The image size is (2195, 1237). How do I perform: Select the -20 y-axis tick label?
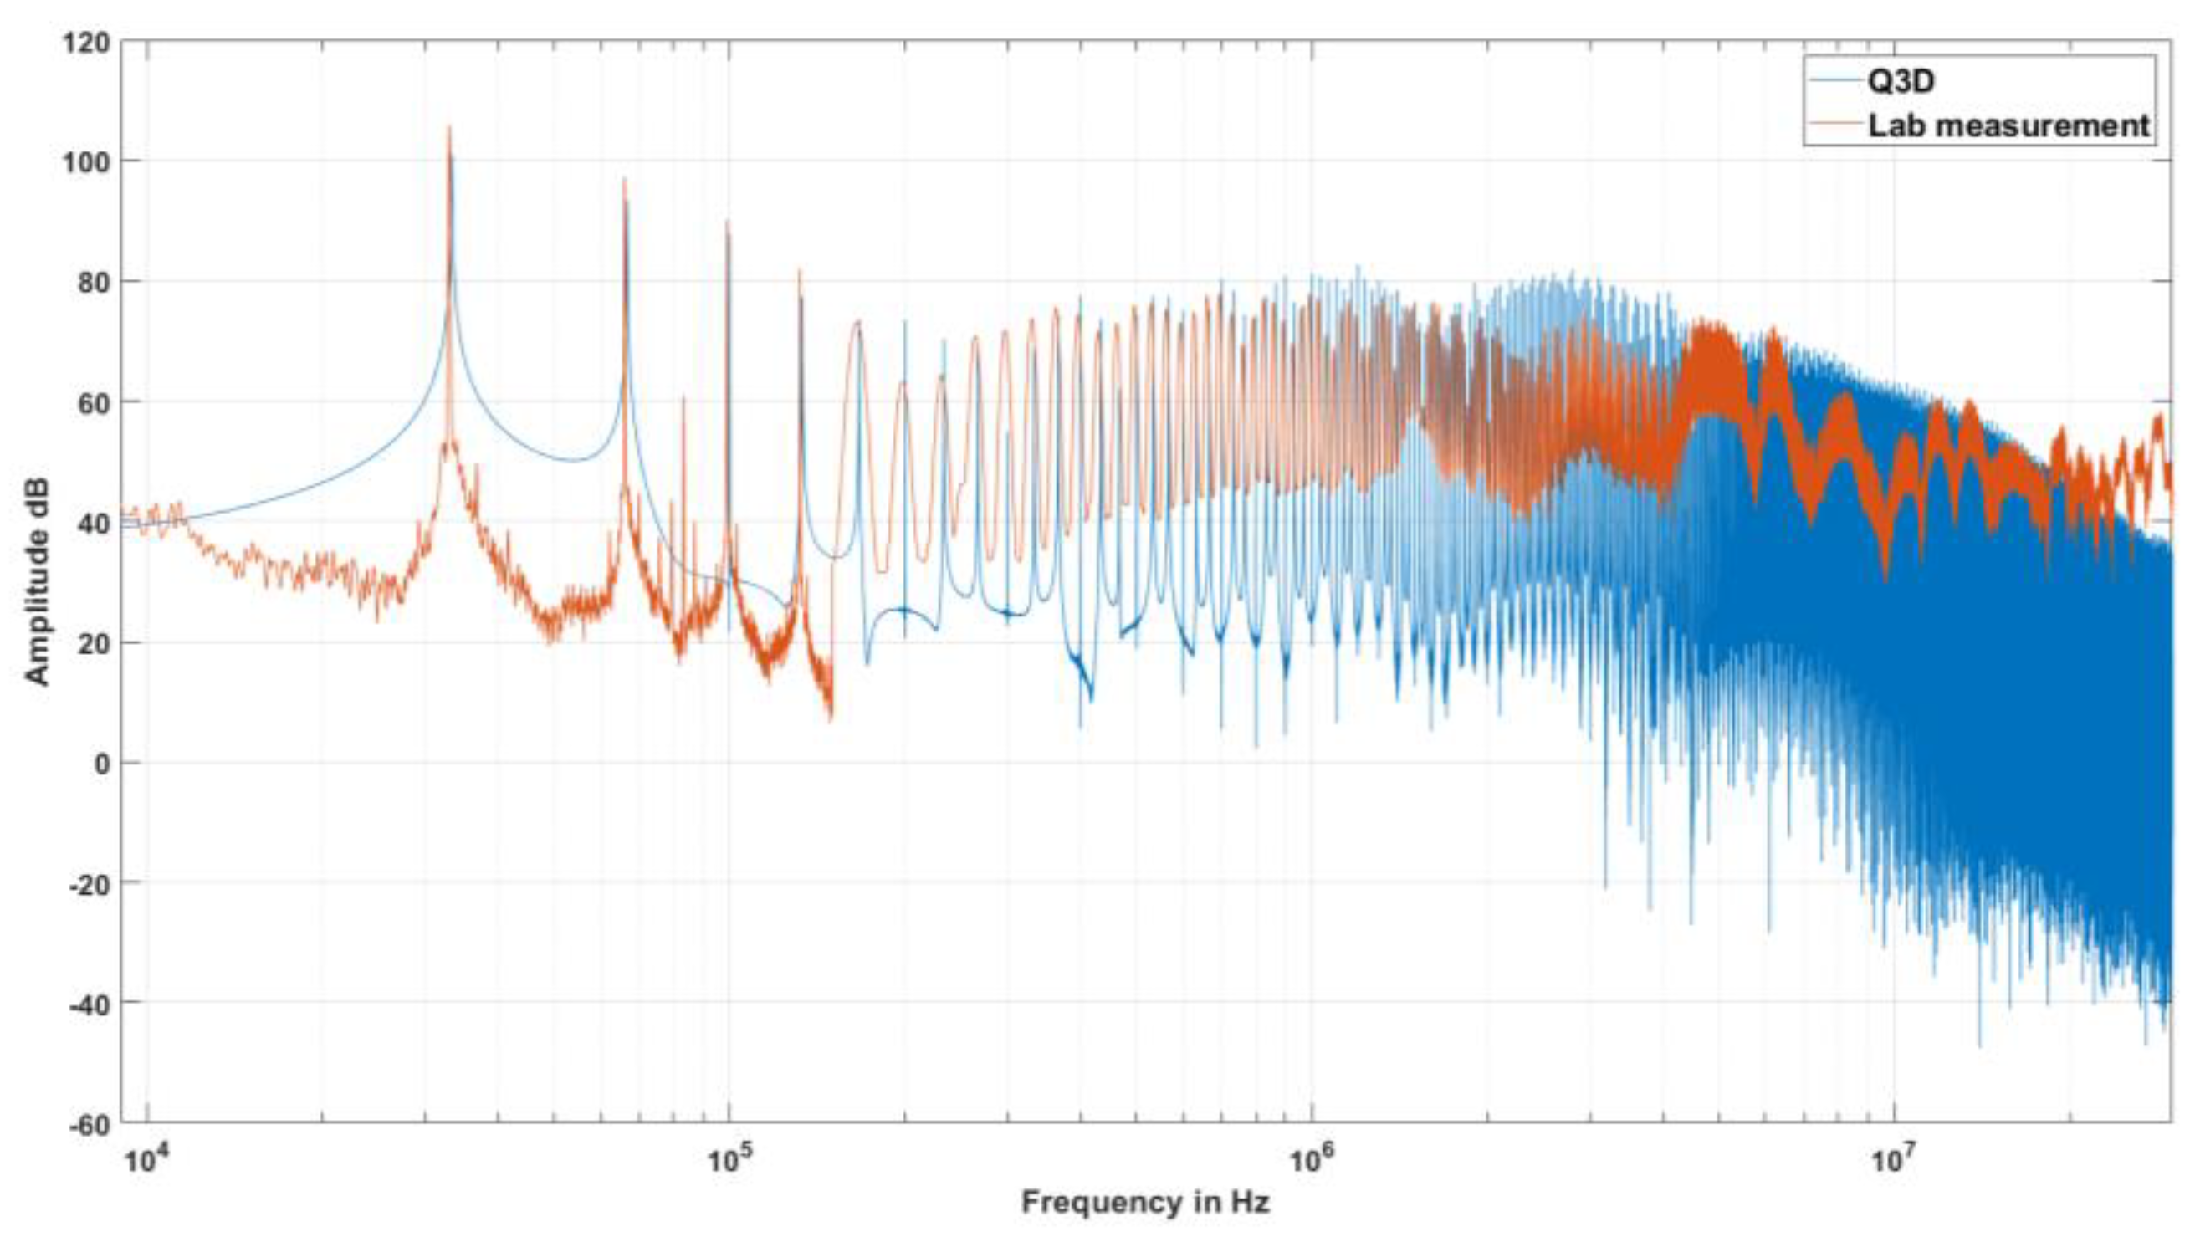[x=89, y=882]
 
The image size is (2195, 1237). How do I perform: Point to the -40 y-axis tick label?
[x=89, y=1003]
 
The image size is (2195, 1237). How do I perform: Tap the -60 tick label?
[x=89, y=1124]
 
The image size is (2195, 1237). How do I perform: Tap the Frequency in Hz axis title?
[x=1145, y=1202]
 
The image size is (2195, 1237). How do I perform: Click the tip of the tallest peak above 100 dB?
[x=449, y=128]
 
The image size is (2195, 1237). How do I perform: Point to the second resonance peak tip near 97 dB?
[x=625, y=179]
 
